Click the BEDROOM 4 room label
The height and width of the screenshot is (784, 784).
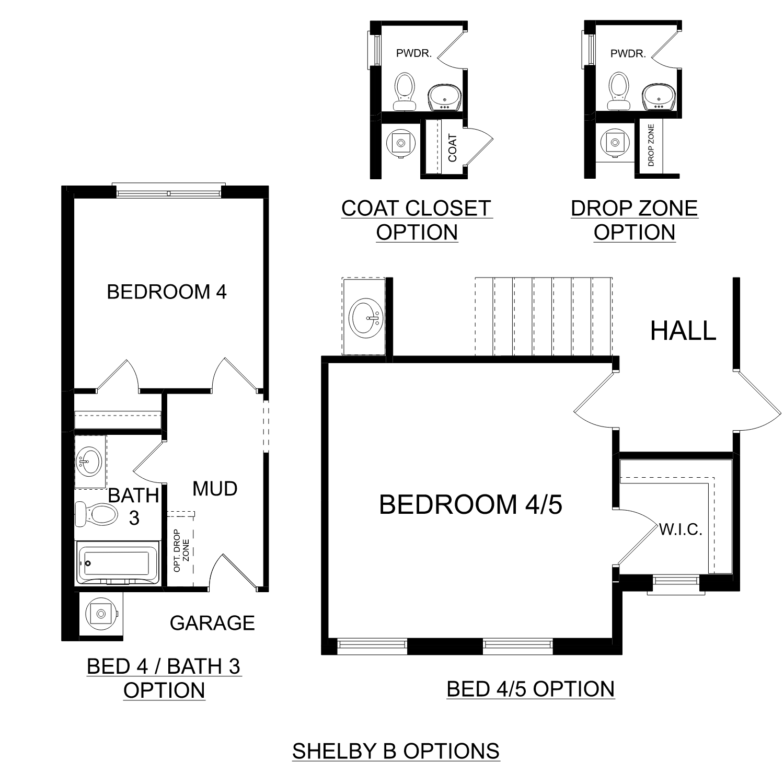167,292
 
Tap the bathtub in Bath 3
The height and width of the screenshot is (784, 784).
117,563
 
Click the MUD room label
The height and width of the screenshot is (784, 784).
215,489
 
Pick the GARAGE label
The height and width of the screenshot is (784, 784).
212,623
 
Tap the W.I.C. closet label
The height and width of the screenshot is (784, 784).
681,530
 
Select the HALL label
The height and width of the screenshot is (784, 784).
683,331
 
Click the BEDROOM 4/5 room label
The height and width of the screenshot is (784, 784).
470,505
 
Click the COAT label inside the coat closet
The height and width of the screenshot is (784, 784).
453,148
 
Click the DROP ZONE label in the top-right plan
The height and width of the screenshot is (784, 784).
651,145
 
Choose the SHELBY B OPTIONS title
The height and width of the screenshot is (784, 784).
396,751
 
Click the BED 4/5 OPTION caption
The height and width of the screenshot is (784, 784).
531,689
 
